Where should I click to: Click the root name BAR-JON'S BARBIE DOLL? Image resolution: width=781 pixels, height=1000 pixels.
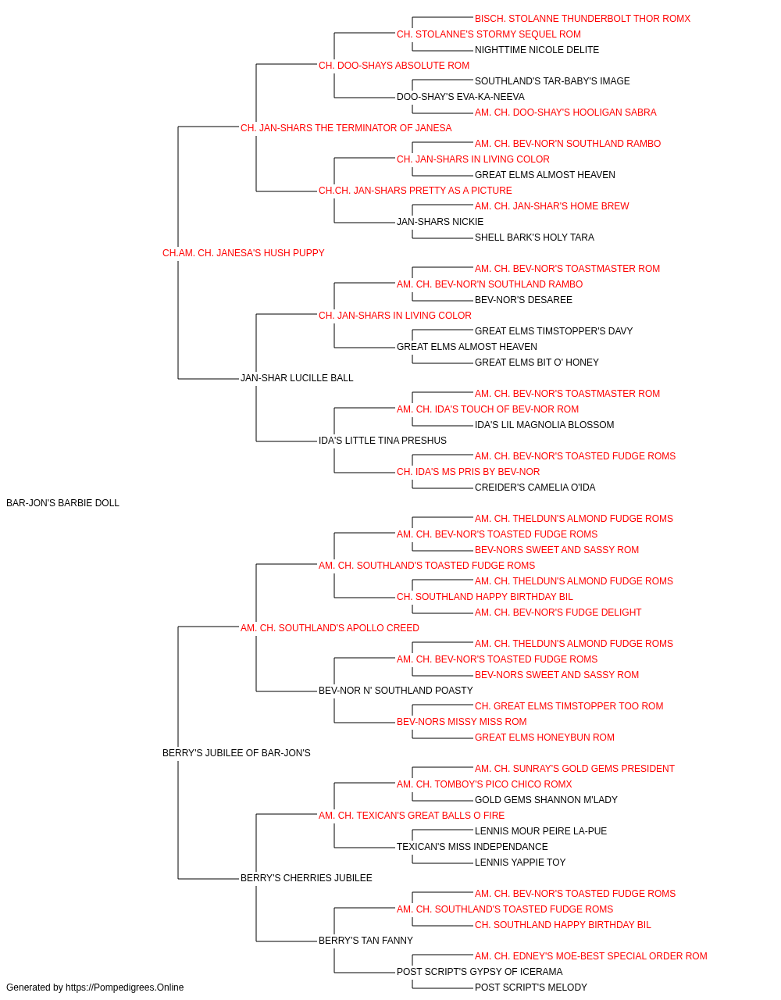(x=62, y=503)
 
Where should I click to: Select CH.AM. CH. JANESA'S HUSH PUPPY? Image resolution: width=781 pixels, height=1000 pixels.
(x=244, y=253)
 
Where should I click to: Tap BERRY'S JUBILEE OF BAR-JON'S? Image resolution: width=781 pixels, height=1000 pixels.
(x=237, y=753)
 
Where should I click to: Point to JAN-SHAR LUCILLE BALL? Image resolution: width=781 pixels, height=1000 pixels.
(x=297, y=378)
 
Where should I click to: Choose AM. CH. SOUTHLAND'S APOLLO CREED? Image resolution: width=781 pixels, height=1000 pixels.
(x=330, y=627)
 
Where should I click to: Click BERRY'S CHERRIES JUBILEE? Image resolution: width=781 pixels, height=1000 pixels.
(x=306, y=877)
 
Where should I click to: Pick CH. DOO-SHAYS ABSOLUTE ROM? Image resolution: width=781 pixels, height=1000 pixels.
(x=394, y=66)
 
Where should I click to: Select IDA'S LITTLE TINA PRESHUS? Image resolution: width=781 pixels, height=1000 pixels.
(x=383, y=441)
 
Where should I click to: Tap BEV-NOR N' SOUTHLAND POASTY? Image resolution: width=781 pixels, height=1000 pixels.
(x=395, y=691)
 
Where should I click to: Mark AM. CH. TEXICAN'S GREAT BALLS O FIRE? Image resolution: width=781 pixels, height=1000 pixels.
(x=412, y=816)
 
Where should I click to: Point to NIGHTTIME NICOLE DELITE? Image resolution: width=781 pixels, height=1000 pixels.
(x=537, y=50)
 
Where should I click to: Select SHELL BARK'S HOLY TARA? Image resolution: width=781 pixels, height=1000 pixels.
(x=534, y=237)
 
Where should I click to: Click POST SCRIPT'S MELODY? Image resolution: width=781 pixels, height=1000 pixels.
(x=531, y=987)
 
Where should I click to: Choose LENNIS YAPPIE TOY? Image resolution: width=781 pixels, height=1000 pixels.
(x=520, y=862)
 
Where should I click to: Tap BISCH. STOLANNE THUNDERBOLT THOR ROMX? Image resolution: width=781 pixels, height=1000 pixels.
(x=583, y=19)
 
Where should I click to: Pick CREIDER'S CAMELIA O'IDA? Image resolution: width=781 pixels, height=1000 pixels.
(x=535, y=487)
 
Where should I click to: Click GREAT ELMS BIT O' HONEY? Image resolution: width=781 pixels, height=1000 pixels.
(x=537, y=362)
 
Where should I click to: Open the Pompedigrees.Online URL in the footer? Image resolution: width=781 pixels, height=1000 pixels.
(x=125, y=987)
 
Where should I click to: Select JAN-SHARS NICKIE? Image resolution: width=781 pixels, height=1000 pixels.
(x=440, y=222)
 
